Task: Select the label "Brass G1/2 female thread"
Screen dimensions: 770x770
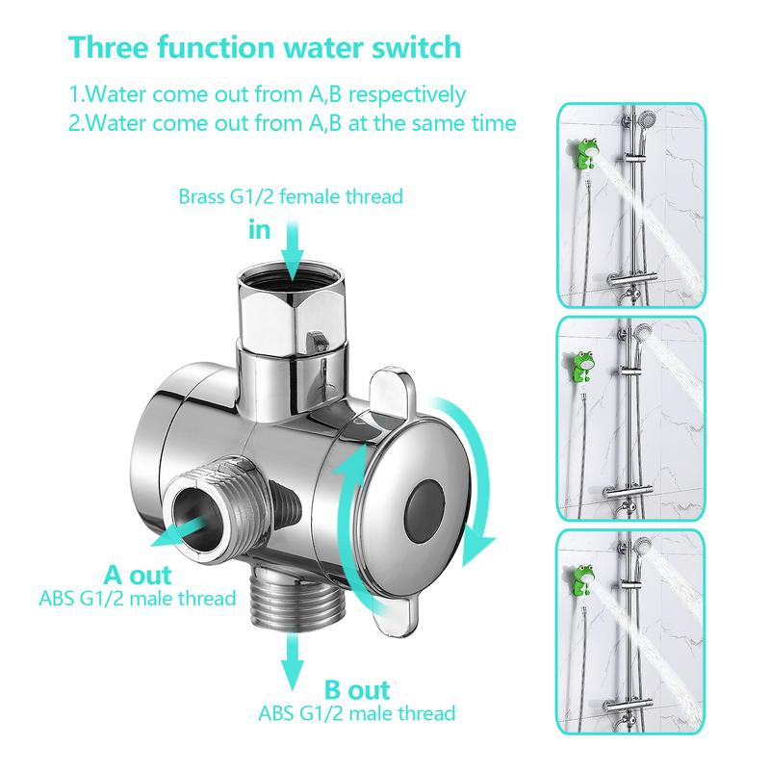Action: pyautogui.click(x=290, y=197)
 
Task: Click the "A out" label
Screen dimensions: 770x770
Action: pyautogui.click(x=138, y=576)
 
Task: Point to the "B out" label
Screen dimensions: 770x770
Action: pyautogui.click(x=356, y=689)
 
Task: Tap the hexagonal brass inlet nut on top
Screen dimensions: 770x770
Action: pyautogui.click(x=285, y=309)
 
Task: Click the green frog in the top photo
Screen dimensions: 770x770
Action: pyautogui.click(x=586, y=153)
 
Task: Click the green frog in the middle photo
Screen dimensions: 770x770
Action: pyautogui.click(x=582, y=367)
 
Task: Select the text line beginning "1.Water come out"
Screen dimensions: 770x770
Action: pyautogui.click(x=267, y=94)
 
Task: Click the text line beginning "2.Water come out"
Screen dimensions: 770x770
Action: pyautogui.click(x=292, y=123)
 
